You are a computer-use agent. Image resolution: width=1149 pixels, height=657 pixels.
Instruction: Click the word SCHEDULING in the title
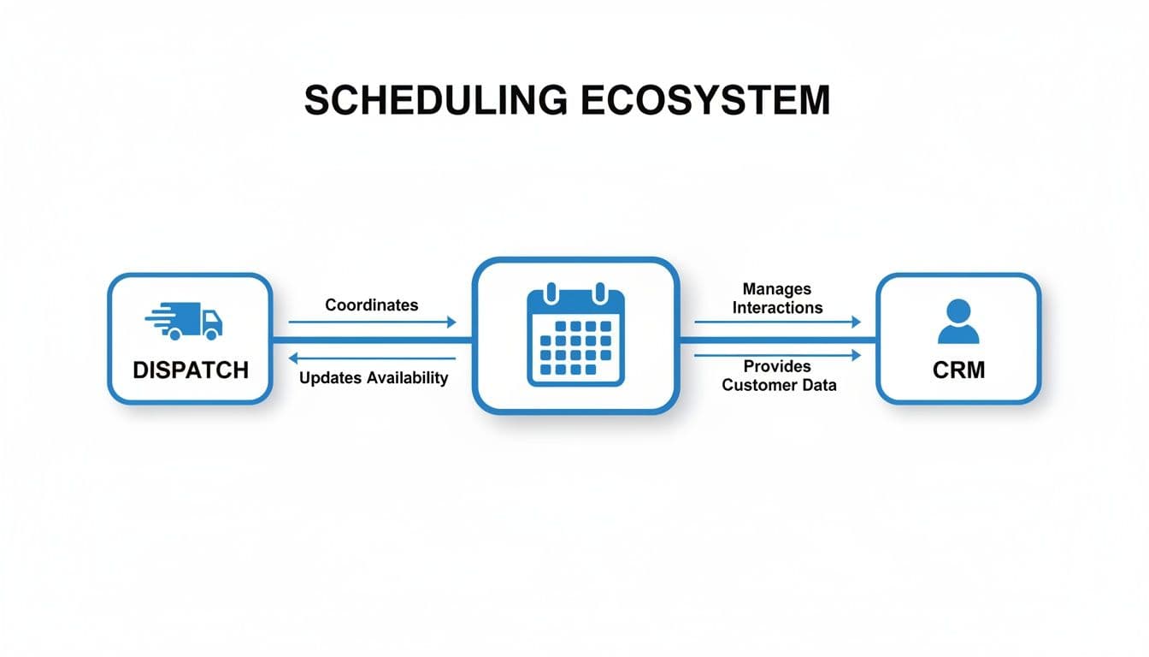coord(434,101)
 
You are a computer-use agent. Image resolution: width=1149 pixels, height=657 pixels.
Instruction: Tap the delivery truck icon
coord(185,321)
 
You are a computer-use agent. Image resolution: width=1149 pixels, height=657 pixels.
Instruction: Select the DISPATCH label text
coord(191,370)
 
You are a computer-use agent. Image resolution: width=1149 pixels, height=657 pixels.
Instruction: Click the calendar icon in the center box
coord(575,335)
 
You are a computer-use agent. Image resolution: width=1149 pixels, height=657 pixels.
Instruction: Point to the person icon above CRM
coord(958,322)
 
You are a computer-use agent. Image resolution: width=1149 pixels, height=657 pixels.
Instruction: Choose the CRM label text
coord(959,370)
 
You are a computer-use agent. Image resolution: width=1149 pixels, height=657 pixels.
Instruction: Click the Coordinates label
coord(372,305)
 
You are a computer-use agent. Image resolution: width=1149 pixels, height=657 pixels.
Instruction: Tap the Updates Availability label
coord(374,378)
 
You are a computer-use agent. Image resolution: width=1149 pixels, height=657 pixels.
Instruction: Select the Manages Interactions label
coord(777,299)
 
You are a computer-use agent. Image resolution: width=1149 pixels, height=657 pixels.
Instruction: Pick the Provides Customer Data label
coord(778,376)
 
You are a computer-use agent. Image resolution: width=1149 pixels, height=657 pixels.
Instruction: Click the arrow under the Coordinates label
coord(372,323)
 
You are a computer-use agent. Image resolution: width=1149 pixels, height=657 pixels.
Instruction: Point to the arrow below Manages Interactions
coord(777,323)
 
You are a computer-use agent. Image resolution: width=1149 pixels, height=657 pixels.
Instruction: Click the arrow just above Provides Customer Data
coord(777,355)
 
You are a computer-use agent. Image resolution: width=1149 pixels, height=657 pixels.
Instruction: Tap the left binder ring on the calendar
coord(551,291)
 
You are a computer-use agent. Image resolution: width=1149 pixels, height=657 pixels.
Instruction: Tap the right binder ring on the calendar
coord(599,291)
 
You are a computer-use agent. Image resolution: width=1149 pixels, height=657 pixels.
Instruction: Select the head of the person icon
coord(958,310)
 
